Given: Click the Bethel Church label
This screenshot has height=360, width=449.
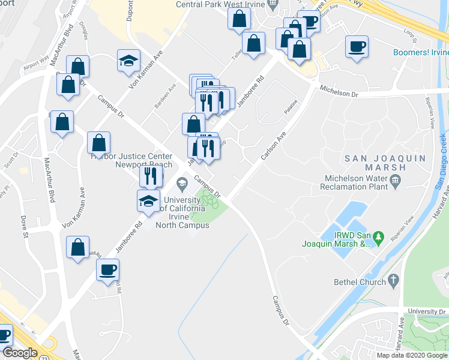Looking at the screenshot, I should point(358,281).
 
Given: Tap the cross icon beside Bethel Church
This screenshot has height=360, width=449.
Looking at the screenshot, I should point(394,280).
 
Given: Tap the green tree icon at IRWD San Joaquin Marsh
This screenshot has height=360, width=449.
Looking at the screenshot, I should point(379,238).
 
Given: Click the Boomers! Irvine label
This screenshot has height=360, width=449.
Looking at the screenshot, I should point(420,52).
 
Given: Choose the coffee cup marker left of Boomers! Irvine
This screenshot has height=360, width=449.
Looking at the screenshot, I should point(357,46).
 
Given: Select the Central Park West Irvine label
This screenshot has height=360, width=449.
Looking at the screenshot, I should point(220,5).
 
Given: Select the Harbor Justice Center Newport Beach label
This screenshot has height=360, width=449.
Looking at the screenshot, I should point(131,160).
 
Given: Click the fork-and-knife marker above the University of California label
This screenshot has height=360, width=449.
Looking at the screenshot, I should point(151,176).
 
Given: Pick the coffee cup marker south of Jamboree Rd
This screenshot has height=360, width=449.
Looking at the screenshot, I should point(108,269).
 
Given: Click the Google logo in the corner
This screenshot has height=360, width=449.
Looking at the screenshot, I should point(20,353).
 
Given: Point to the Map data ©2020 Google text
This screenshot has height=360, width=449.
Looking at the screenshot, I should point(412,355).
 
